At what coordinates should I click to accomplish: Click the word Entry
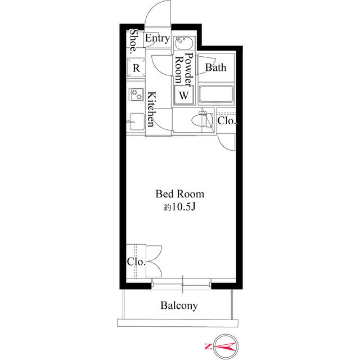pos(157,39)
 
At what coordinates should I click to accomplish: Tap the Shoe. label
pos(134,40)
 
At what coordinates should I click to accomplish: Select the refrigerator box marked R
pos(136,68)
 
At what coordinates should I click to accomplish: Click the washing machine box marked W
pos(183,96)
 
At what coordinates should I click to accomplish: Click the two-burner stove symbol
pos(136,94)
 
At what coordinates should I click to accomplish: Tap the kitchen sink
pos(136,120)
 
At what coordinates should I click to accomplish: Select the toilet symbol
pos(199,119)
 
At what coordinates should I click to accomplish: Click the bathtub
pos(216,95)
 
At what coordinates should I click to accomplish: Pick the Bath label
pos(215,68)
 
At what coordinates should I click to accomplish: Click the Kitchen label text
pos(151,109)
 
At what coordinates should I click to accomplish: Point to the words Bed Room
pos(179,194)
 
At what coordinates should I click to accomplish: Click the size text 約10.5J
pos(179,207)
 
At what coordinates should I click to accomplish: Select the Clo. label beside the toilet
pos(227,120)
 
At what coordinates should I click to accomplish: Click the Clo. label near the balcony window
pos(136,262)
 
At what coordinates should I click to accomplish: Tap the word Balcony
pos(179,306)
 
